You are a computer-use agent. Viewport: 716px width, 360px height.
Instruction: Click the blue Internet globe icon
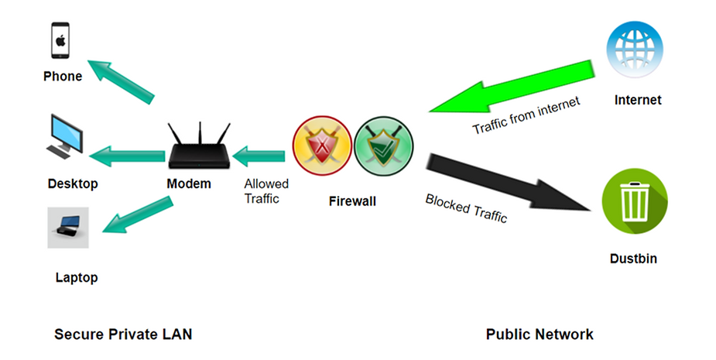[x=634, y=48]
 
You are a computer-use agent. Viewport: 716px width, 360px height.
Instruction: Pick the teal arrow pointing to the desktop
[x=128, y=156]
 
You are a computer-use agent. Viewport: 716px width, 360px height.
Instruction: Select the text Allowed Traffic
[x=266, y=191]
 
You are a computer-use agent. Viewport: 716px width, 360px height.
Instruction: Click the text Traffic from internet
[x=526, y=115]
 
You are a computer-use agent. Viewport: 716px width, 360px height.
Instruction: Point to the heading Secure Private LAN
[x=123, y=334]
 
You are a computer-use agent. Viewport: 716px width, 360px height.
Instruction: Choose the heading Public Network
[x=540, y=334]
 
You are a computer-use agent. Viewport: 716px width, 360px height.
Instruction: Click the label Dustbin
[x=633, y=259]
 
